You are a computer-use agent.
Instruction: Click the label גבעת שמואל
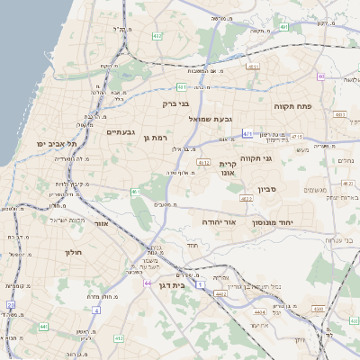click(211, 119)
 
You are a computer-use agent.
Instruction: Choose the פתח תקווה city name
click(292, 105)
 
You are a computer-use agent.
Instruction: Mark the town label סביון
click(268, 190)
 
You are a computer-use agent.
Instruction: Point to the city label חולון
click(73, 253)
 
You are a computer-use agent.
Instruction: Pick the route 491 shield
click(283, 27)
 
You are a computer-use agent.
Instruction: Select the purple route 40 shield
click(344, 78)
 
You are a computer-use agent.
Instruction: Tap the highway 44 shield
click(147, 283)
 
